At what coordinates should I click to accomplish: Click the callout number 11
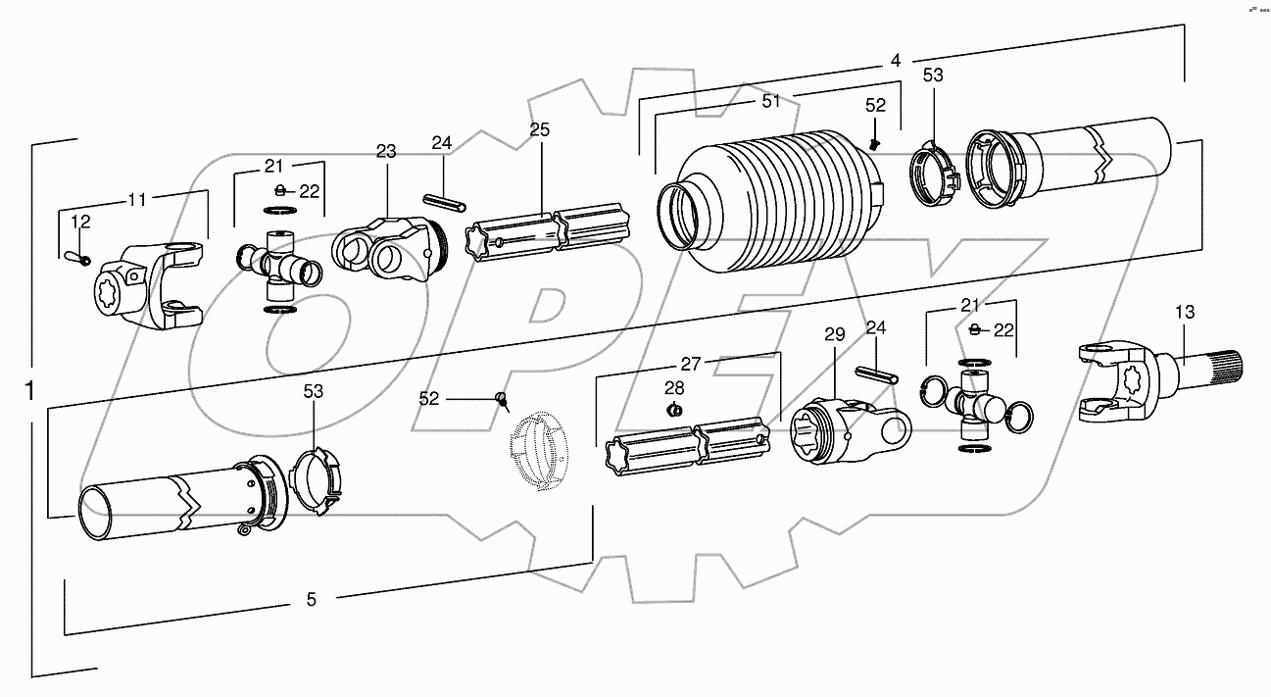click(x=137, y=199)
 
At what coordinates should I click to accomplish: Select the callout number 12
click(x=80, y=223)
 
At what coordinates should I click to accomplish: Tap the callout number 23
click(x=385, y=151)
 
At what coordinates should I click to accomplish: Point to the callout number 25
click(x=540, y=129)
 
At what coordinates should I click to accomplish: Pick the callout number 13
click(x=1185, y=313)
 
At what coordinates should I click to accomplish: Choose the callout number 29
click(x=834, y=335)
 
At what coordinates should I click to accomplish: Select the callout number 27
click(x=691, y=364)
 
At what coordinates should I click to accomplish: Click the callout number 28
click(x=674, y=387)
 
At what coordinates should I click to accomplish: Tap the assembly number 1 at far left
click(x=30, y=390)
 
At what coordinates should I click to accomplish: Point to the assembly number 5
click(x=312, y=599)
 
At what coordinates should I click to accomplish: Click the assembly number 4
click(x=895, y=60)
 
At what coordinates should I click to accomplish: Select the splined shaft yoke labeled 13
click(x=1156, y=382)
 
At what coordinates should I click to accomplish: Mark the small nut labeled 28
click(x=674, y=409)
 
